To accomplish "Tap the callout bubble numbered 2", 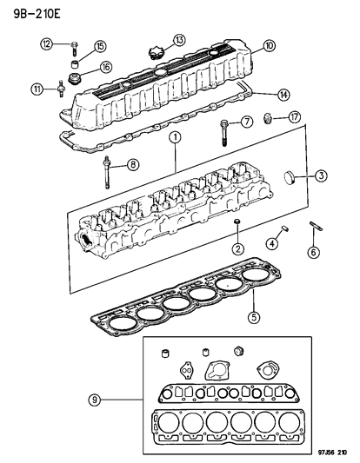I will pos(235,251).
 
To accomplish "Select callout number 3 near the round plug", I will pos(320,177).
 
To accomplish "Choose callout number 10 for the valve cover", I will pos(267,46).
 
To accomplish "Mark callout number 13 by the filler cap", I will pos(177,40).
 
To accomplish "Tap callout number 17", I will pos(294,117).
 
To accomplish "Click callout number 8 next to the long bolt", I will pos(133,164).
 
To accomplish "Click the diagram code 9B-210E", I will pos(30,13).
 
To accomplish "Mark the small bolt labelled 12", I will pos(75,43).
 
